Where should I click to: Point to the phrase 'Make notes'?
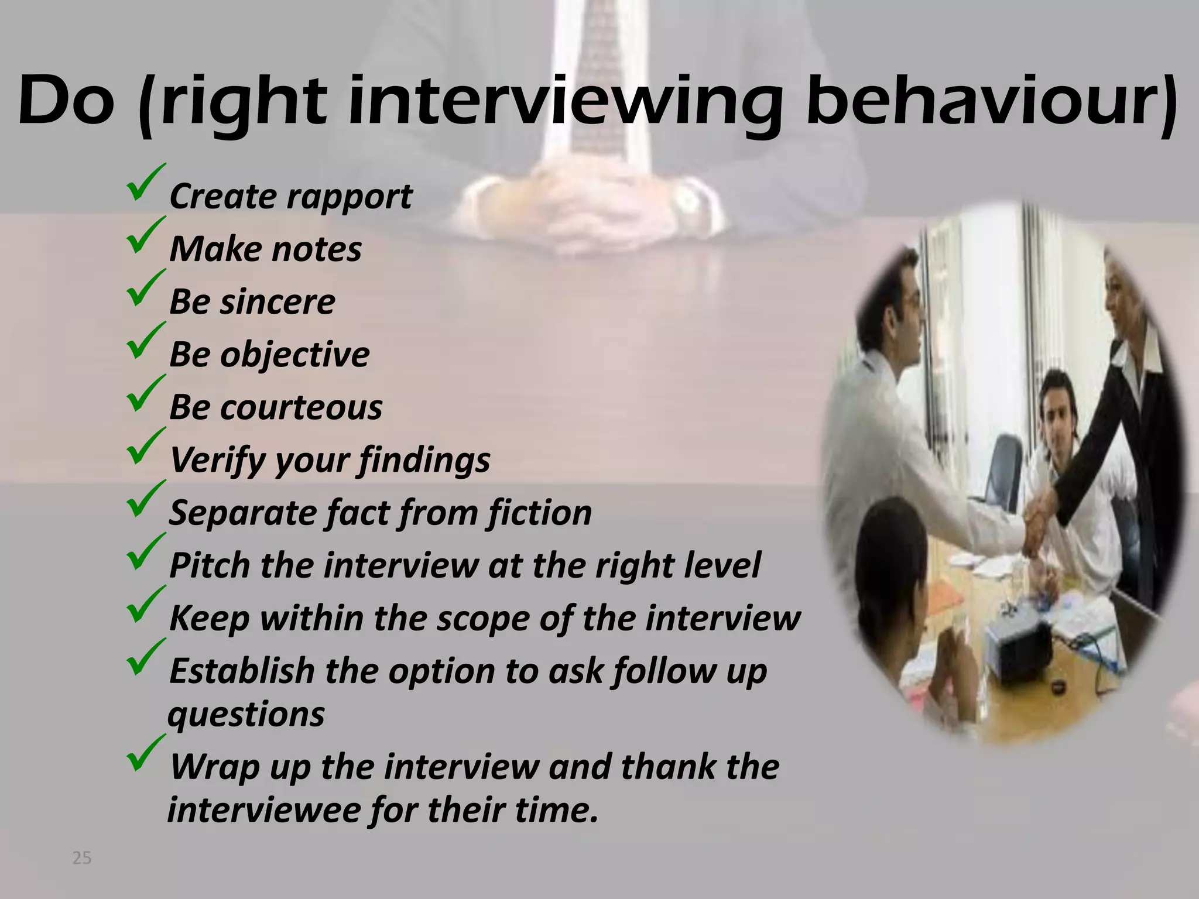[265, 249]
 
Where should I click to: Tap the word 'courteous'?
[301, 407]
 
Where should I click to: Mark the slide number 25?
[81, 859]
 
